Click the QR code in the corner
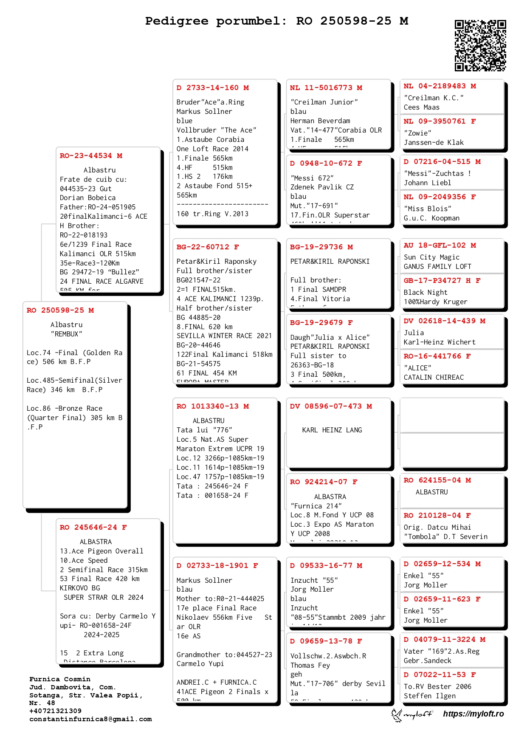(480, 45)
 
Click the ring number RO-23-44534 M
(91, 156)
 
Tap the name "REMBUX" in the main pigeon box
(67, 334)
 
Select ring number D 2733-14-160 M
(213, 88)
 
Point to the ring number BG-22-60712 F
(208, 247)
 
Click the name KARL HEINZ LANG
(332, 430)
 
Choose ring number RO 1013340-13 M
(213, 406)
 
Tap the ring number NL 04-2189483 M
(440, 86)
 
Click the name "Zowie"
(417, 133)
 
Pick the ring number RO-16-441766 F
(437, 356)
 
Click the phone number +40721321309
(55, 711)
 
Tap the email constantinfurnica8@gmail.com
(90, 719)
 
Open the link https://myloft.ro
(473, 714)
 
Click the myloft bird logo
(397, 715)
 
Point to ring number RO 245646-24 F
(93, 528)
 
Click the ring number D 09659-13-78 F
(326, 641)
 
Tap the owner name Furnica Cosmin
(60, 679)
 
